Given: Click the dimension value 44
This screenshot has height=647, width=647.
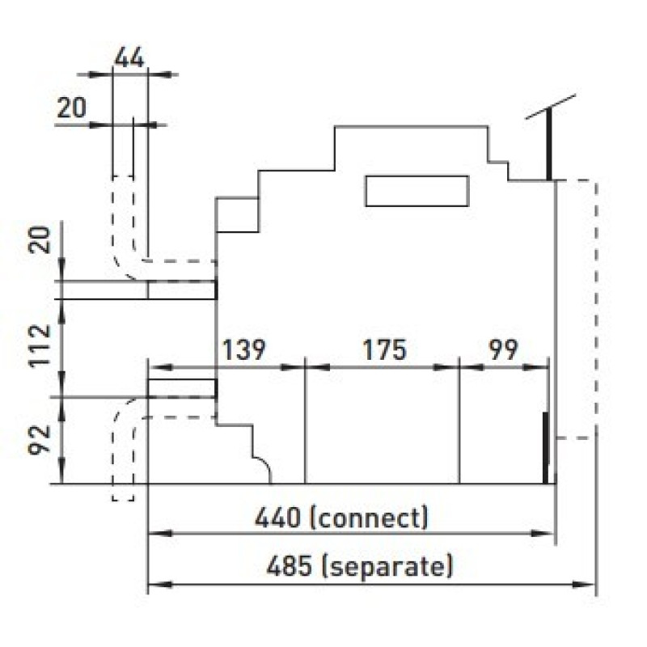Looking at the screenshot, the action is [129, 57].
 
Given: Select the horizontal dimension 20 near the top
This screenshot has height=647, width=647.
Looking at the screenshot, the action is [71, 108].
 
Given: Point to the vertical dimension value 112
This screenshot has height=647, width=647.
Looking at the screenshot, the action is [40, 346].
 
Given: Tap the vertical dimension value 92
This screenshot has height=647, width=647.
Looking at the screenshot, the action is [40, 440].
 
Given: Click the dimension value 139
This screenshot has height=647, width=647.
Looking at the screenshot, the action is [244, 349].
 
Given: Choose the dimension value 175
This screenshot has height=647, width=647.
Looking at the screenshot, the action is [385, 349].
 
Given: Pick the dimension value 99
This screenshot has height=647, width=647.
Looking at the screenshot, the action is [503, 349].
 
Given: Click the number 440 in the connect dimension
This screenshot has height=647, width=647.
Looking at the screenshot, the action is [277, 518].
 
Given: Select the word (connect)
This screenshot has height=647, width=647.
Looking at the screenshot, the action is [369, 518].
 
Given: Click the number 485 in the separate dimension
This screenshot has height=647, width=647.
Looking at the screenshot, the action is [289, 566].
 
